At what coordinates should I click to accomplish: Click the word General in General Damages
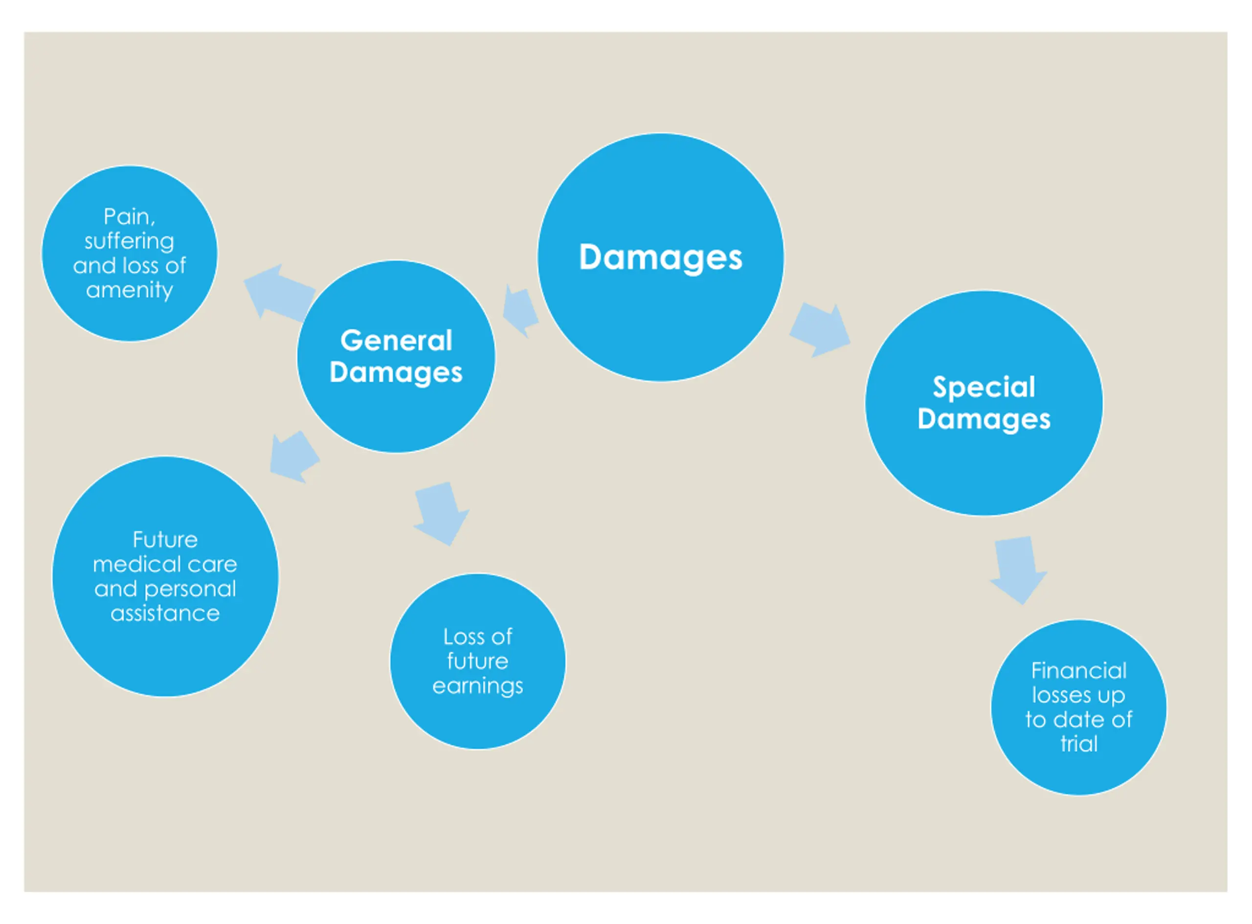(396, 340)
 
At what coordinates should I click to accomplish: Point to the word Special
(984, 387)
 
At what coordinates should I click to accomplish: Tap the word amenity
(129, 290)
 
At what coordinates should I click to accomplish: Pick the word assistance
(165, 613)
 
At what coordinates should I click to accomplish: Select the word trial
(1079, 744)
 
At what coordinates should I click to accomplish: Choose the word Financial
(1079, 670)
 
